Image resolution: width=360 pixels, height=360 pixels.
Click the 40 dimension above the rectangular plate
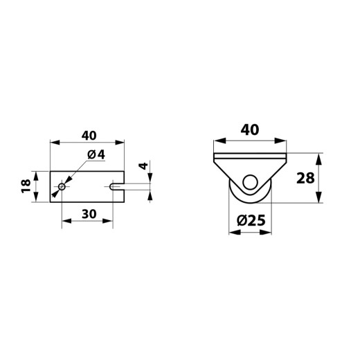click(89, 136)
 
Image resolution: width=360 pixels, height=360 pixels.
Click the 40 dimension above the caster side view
click(250, 129)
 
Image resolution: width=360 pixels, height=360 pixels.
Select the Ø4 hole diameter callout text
click(96, 154)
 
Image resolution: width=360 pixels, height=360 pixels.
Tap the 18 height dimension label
click(26, 186)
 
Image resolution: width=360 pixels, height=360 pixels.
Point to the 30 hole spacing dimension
click(89, 214)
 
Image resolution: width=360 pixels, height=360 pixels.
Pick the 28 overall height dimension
click(305, 178)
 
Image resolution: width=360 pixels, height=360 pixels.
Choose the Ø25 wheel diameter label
click(251, 220)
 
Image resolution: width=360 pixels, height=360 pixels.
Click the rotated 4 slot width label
click(144, 166)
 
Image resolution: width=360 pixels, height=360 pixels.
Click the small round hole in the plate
click(62, 186)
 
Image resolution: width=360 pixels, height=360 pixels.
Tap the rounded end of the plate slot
click(111, 186)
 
